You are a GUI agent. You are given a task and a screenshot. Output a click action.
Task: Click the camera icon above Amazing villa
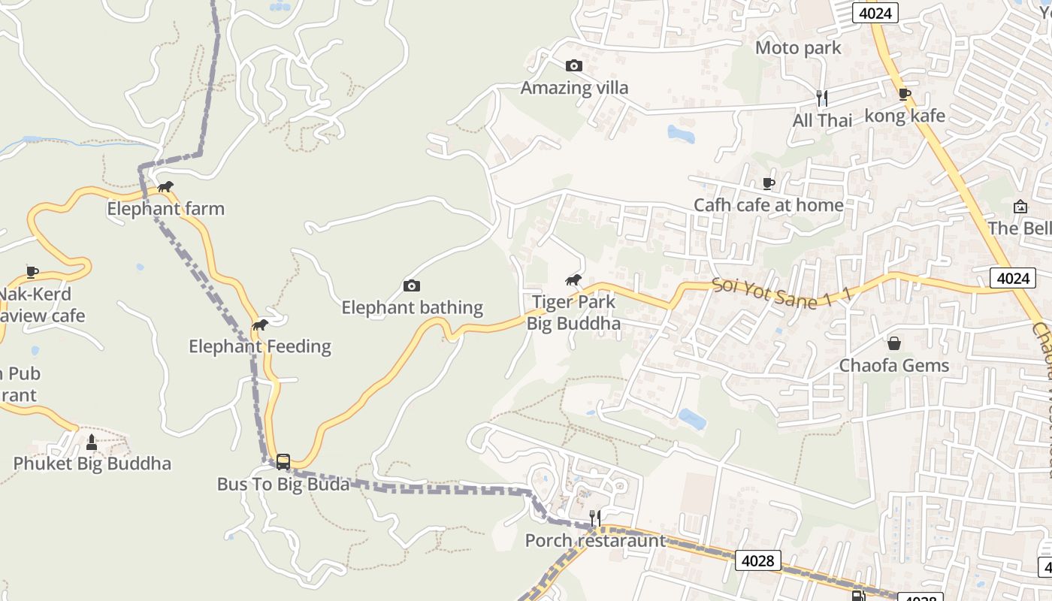pyautogui.click(x=573, y=66)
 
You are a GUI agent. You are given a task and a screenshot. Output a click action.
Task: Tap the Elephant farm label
pyautogui.click(x=165, y=209)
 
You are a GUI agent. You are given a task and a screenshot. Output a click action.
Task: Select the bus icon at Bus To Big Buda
pyautogui.click(x=283, y=462)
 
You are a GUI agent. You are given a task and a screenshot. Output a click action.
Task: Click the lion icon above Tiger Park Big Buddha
pyautogui.click(x=573, y=281)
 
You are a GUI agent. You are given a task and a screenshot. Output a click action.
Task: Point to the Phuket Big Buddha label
pyautogui.click(x=92, y=464)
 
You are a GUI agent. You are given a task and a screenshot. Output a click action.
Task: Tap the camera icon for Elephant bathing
pyautogui.click(x=411, y=286)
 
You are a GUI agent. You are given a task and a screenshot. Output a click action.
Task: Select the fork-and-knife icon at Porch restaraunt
pyautogui.click(x=594, y=518)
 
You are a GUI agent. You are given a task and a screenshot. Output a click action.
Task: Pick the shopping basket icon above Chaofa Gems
pyautogui.click(x=894, y=343)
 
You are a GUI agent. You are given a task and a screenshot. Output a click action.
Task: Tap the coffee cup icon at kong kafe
pyautogui.click(x=905, y=95)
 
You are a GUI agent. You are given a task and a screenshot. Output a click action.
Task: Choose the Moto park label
pyautogui.click(x=798, y=48)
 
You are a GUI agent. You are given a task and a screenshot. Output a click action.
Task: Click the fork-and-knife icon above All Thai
pyautogui.click(x=822, y=98)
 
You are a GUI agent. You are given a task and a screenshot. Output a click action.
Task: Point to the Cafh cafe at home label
pyautogui.click(x=768, y=205)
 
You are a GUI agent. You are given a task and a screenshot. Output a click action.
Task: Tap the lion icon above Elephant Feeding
pyautogui.click(x=260, y=325)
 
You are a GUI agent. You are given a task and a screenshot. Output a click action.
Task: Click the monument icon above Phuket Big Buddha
pyautogui.click(x=92, y=442)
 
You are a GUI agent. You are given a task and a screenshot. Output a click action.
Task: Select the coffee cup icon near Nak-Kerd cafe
pyautogui.click(x=32, y=272)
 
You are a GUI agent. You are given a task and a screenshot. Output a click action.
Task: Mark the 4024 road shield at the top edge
pyautogui.click(x=875, y=13)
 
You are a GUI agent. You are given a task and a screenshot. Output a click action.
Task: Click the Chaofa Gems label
pyautogui.click(x=893, y=367)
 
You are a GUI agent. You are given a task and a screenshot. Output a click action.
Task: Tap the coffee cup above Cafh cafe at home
pyautogui.click(x=768, y=183)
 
